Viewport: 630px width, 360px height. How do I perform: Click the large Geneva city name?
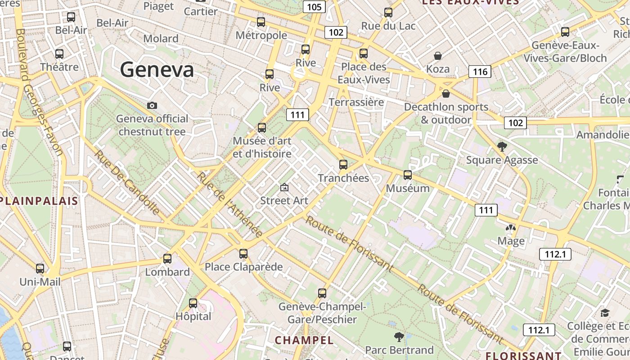157,70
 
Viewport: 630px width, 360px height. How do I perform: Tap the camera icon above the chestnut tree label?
152,105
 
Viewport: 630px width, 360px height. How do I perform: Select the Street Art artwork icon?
284,187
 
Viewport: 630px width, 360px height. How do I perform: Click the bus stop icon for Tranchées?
343,165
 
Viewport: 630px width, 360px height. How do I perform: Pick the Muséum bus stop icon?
408,175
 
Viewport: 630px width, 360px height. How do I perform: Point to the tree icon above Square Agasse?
502,147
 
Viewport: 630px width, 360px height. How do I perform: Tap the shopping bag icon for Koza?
438,56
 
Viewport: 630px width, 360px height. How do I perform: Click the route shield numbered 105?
314,7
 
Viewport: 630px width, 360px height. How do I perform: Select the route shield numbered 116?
480,72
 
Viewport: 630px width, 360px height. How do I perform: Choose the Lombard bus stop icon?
167,259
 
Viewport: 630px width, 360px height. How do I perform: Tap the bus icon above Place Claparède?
243,254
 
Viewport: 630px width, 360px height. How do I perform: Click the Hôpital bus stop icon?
193,303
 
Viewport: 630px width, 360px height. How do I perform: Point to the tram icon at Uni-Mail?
40,269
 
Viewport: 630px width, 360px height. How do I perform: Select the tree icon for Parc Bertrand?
399,337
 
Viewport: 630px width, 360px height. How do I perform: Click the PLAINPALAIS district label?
39,201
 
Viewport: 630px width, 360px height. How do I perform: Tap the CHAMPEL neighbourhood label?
304,340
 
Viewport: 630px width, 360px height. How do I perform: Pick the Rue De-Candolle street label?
126,182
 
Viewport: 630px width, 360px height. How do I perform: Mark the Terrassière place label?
356,102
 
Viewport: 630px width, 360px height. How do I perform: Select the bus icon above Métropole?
261,22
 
